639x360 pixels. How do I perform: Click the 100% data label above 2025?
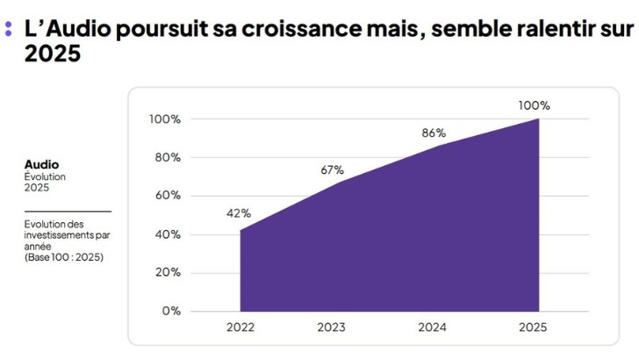click(534, 105)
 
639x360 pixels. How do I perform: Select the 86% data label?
click(434, 133)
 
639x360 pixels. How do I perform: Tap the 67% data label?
click(332, 169)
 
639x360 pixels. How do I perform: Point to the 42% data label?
click(239, 212)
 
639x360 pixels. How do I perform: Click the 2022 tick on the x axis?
click(240, 328)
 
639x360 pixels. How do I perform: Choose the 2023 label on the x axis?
click(332, 328)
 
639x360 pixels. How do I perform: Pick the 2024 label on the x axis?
click(433, 328)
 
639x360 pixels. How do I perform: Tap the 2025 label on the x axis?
click(533, 328)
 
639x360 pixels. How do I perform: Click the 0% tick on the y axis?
click(170, 310)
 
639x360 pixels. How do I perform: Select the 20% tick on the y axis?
click(168, 271)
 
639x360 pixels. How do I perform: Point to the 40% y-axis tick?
click(168, 234)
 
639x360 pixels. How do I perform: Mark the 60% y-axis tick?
click(168, 195)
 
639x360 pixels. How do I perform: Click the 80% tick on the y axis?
click(168, 157)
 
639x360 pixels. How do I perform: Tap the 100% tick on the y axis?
click(164, 119)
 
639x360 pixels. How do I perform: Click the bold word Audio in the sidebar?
click(41, 164)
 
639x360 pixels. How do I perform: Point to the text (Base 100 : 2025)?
click(63, 256)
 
